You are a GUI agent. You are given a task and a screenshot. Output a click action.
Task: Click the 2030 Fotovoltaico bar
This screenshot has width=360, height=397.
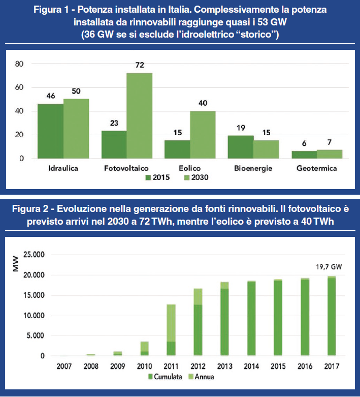click(x=139, y=116)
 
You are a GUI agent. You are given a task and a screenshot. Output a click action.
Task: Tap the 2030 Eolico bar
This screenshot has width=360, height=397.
click(x=203, y=135)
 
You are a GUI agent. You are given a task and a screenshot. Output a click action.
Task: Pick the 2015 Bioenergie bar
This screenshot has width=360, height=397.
click(x=240, y=147)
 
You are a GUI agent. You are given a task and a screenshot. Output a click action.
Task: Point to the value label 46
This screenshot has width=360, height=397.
click(x=51, y=96)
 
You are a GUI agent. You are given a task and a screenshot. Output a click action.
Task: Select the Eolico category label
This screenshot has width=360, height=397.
click(x=190, y=168)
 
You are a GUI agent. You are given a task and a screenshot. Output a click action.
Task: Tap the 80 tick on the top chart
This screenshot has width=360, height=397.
click(x=20, y=64)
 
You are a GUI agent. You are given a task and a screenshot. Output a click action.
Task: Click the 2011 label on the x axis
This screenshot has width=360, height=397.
click(x=170, y=365)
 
